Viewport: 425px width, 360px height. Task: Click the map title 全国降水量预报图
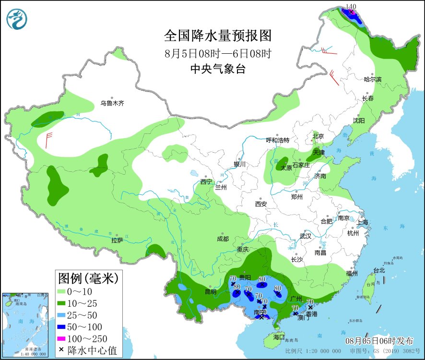pyautogui.click(x=218, y=36)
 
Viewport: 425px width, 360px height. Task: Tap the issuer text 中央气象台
pyautogui.click(x=218, y=69)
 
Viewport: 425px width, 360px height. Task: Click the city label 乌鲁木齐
pyautogui.click(x=112, y=103)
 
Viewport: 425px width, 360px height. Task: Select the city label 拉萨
pyautogui.click(x=118, y=240)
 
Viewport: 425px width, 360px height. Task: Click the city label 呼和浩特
pyautogui.click(x=278, y=140)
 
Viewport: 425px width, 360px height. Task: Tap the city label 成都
pyautogui.click(x=223, y=239)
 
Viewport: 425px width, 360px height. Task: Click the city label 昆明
pyautogui.click(x=211, y=291)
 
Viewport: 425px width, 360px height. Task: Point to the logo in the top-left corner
pyautogui.click(x=17, y=19)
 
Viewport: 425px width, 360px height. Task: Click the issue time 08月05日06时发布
pyautogui.click(x=379, y=341)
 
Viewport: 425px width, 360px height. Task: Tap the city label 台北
pyautogui.click(x=379, y=270)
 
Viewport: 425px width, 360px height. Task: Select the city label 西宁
pyautogui.click(x=206, y=182)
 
